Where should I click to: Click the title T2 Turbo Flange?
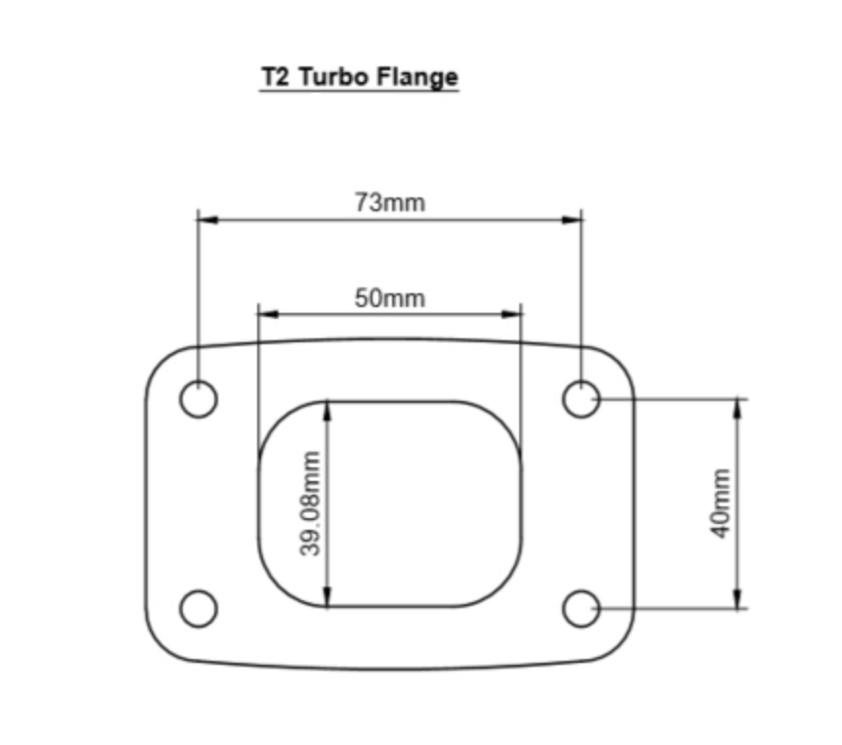click(x=359, y=77)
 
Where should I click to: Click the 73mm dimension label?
click(x=390, y=203)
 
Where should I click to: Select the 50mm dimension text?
click(x=390, y=298)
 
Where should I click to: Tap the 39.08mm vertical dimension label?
click(x=311, y=504)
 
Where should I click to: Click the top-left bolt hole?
click(x=199, y=399)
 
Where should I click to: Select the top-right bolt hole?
click(x=582, y=399)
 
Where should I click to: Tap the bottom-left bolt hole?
click(x=199, y=608)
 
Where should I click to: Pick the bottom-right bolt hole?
click(x=582, y=608)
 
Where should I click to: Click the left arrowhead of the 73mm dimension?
click(x=206, y=220)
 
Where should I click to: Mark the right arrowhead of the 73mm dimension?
click(x=574, y=220)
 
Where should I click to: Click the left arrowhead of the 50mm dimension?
click(x=267, y=315)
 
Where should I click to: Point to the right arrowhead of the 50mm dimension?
click(x=512, y=315)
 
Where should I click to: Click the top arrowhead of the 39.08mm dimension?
click(x=329, y=409)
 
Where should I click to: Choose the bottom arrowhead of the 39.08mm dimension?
click(x=329, y=597)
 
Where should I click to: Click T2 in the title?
click(x=274, y=77)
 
